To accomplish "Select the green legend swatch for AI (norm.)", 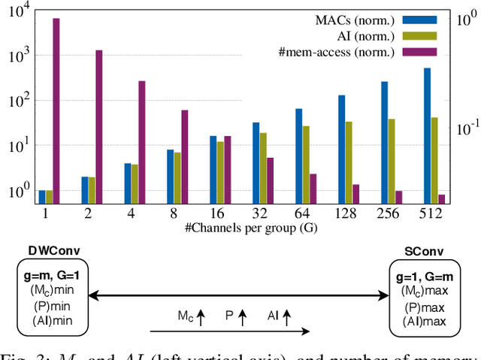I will coord(415,35).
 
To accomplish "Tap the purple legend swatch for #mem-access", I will coord(415,51).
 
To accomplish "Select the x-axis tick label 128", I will coord(341,215).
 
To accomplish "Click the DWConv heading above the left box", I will coord(50,250).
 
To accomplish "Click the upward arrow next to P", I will coord(242,318).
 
